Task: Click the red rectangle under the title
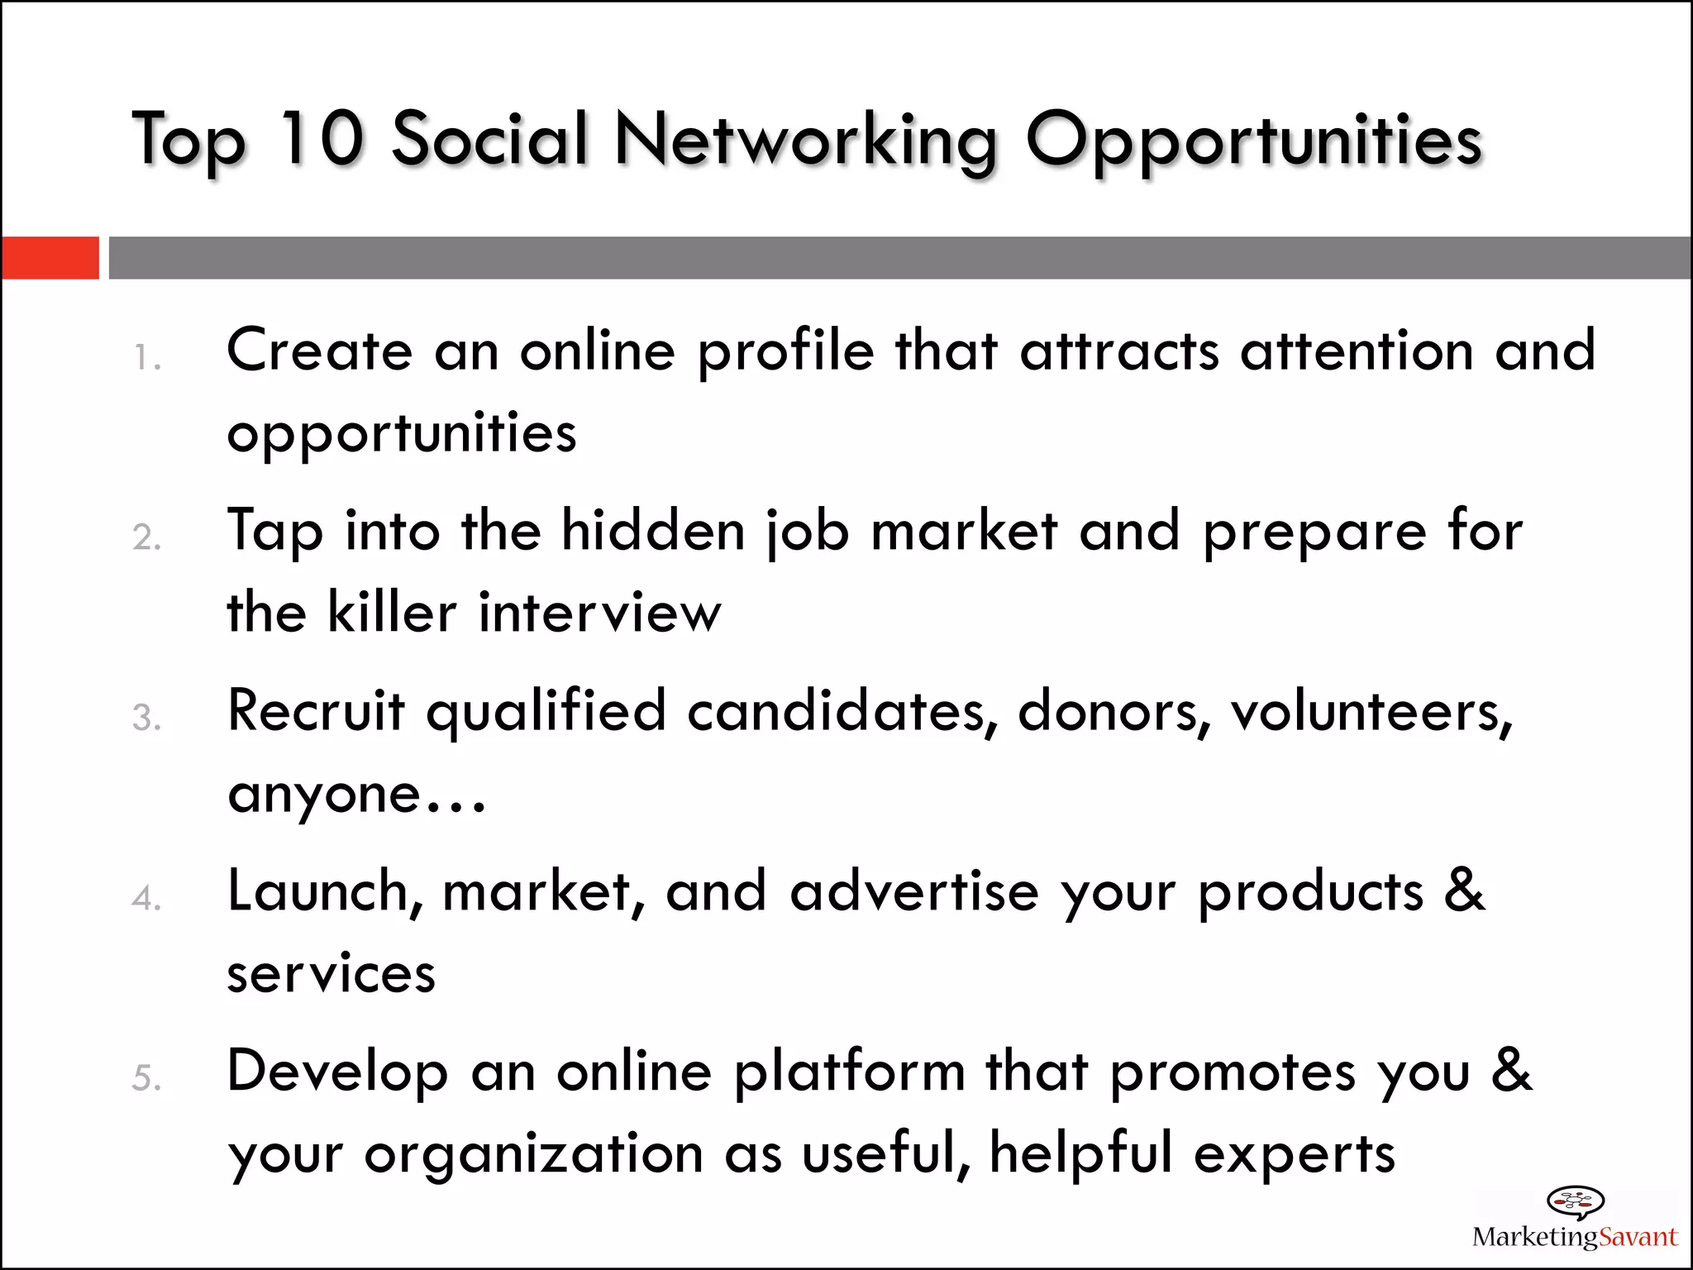click(x=50, y=258)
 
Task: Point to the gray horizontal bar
click(x=899, y=258)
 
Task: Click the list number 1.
click(x=145, y=359)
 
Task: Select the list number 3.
click(x=145, y=718)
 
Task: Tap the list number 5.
click(x=145, y=1078)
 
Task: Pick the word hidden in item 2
click(x=653, y=530)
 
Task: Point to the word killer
click(x=392, y=613)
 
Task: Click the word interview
click(x=600, y=613)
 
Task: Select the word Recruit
click(x=317, y=711)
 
